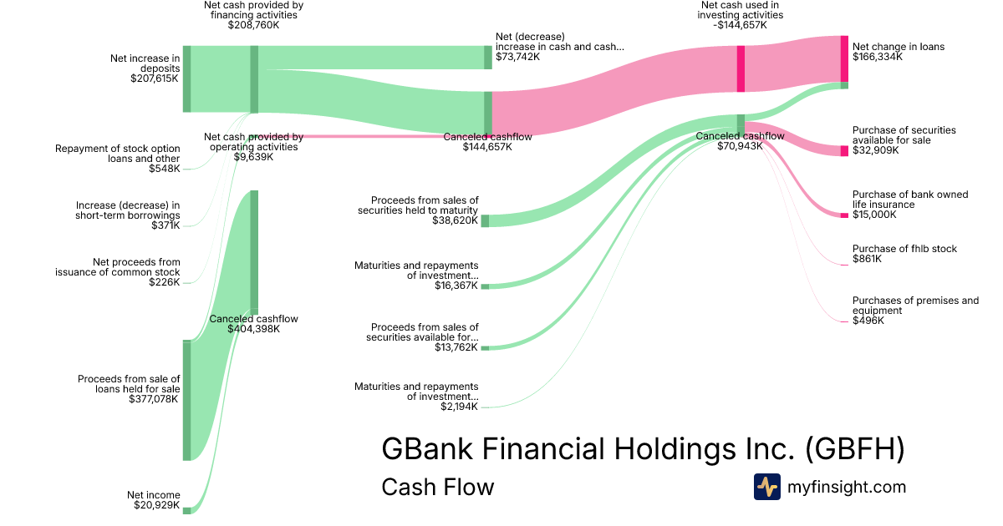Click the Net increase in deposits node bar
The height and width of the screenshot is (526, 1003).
pos(186,79)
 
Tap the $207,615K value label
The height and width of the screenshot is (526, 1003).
pos(155,78)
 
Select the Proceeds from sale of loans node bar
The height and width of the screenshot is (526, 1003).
pos(186,400)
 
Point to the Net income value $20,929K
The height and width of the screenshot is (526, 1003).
pos(156,505)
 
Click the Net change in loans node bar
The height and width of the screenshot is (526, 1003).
pos(844,58)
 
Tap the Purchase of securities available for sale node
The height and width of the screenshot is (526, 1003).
pos(844,151)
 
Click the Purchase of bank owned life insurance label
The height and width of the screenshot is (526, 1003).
pos(899,200)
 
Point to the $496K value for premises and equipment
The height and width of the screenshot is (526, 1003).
pos(868,321)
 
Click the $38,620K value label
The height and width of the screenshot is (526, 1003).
pos(456,221)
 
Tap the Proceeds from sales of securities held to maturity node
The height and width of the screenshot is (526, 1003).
pos(485,220)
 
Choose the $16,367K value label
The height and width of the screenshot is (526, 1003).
pos(456,286)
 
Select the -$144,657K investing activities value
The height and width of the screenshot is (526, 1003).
pos(736,25)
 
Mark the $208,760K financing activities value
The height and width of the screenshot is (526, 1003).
pos(253,25)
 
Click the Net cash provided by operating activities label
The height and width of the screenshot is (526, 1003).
pos(253,142)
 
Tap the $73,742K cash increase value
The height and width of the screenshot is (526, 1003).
pos(517,58)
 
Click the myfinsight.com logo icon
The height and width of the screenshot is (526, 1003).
pos(766,487)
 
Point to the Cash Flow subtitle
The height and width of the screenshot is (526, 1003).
pos(437,487)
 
